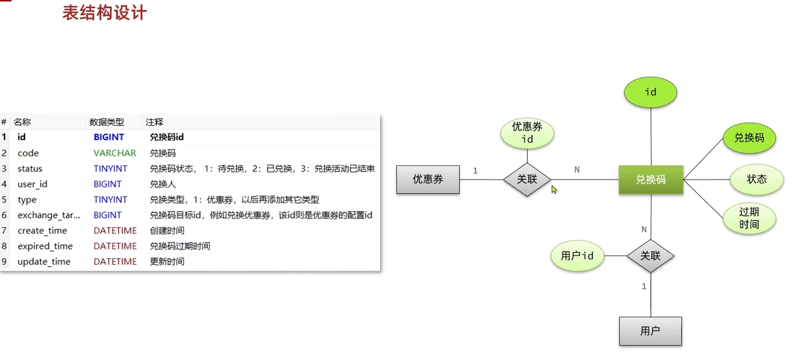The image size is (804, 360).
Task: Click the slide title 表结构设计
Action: (x=104, y=13)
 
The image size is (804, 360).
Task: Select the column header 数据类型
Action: (x=107, y=122)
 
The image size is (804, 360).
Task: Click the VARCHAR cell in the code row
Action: (x=114, y=153)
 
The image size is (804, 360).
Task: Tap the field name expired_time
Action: (x=45, y=246)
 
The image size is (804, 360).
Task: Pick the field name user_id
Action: (x=33, y=184)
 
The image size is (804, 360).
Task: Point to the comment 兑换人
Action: (x=163, y=184)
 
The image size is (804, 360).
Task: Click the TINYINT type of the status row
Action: (x=111, y=168)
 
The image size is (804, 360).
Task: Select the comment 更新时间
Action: (x=167, y=261)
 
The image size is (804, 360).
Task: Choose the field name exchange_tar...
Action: (x=49, y=215)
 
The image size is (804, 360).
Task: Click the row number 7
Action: (x=4, y=231)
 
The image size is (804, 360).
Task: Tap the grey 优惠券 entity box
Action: (x=428, y=179)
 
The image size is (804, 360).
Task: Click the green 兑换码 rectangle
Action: (x=651, y=180)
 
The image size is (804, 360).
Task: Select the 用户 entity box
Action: (x=650, y=330)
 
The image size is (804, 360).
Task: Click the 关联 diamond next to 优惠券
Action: (x=527, y=179)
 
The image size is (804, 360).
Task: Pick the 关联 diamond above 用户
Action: (x=650, y=256)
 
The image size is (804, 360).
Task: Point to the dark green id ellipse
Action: (x=651, y=92)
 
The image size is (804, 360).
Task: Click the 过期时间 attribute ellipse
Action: (x=749, y=218)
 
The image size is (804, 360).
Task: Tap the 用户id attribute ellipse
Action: (x=577, y=256)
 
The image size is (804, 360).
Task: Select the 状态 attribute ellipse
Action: (x=757, y=180)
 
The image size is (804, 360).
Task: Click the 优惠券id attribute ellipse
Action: (x=527, y=133)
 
